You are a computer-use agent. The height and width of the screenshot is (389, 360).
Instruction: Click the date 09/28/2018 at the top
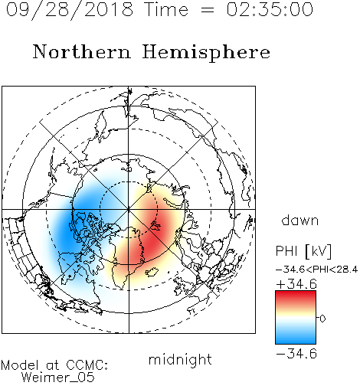(x=70, y=10)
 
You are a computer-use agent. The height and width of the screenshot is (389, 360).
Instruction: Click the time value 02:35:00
(x=270, y=9)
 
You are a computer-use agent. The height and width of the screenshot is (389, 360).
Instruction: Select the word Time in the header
(x=166, y=9)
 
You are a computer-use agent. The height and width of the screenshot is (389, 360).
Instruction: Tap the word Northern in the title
(x=82, y=51)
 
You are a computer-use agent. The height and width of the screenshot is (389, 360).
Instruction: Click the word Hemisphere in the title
(x=206, y=53)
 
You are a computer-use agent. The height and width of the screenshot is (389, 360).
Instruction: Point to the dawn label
(x=300, y=220)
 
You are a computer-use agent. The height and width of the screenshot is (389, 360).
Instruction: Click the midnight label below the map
(x=180, y=359)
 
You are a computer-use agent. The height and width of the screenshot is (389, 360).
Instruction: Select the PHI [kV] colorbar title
(x=303, y=251)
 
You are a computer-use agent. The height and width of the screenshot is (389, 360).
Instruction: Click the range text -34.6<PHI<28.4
(x=316, y=270)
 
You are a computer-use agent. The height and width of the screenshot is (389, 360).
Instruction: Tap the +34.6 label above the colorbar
(x=296, y=284)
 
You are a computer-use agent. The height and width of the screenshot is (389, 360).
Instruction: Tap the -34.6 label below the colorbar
(x=296, y=354)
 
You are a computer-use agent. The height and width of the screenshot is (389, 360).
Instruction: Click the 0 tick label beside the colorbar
(x=322, y=319)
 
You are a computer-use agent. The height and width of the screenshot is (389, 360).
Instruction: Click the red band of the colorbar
(x=296, y=297)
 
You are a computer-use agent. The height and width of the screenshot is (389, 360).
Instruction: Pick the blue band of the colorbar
(x=296, y=337)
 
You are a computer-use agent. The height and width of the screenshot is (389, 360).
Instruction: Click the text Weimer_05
(x=58, y=378)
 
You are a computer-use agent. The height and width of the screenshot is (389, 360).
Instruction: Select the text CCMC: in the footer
(x=87, y=365)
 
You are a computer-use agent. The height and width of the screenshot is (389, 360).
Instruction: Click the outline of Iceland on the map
(x=152, y=272)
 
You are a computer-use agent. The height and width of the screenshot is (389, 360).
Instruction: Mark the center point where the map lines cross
(x=129, y=209)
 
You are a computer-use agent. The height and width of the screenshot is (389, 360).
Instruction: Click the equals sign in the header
(x=208, y=10)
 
